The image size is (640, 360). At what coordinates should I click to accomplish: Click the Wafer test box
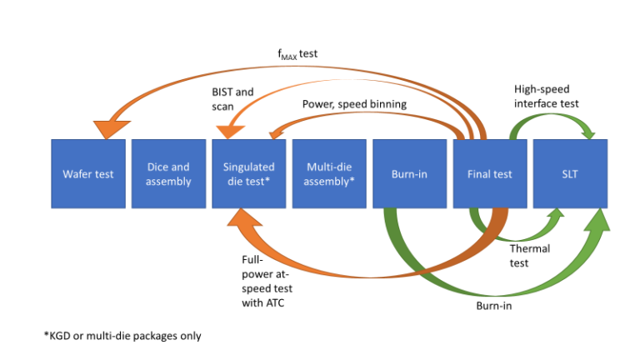[x=88, y=174]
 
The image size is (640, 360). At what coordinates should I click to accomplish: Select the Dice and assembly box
[x=168, y=174]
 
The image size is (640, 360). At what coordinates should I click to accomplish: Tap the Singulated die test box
[x=249, y=174]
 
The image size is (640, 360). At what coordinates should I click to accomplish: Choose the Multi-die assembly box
[x=329, y=174]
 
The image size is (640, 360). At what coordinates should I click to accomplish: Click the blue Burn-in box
[x=409, y=174]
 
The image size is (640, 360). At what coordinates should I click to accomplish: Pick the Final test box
[x=490, y=174]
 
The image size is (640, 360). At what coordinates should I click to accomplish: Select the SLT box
[x=570, y=174]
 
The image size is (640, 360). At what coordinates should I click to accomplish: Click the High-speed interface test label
[x=546, y=96]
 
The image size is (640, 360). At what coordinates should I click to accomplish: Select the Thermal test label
[x=531, y=257]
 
